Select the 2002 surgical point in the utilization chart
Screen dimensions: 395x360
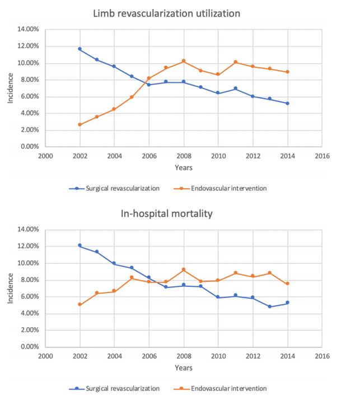80,49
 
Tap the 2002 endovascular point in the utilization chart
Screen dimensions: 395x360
80,124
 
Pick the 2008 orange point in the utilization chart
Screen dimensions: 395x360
184,61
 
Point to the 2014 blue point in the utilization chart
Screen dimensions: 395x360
288,103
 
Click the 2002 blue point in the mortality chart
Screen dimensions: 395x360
80,245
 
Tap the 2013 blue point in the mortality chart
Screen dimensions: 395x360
270,306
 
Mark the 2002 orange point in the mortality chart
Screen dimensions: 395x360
80,304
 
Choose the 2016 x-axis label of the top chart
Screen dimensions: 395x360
322,156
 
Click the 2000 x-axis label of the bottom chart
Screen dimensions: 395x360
45,356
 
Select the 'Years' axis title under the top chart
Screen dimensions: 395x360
184,168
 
